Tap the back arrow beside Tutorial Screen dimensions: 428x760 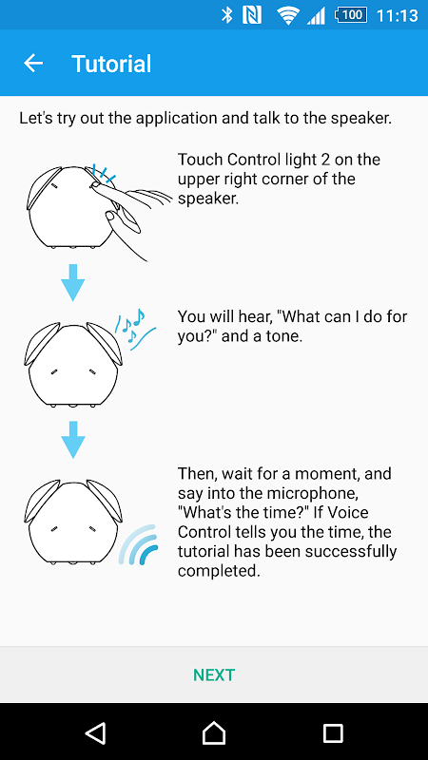[x=33, y=64]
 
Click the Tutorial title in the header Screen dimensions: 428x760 [x=111, y=64]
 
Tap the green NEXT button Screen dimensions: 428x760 [x=214, y=674]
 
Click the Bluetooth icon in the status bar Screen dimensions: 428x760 [x=226, y=15]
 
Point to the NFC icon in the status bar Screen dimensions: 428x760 [x=252, y=15]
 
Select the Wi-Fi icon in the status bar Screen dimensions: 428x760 [x=288, y=16]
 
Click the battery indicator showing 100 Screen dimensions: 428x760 [x=350, y=15]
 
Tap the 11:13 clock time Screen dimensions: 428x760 [x=397, y=15]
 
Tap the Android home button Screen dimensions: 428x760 [x=214, y=732]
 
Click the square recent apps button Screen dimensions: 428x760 [x=333, y=732]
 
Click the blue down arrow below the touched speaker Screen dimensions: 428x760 [x=73, y=282]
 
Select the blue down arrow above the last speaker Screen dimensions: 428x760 [x=73, y=440]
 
